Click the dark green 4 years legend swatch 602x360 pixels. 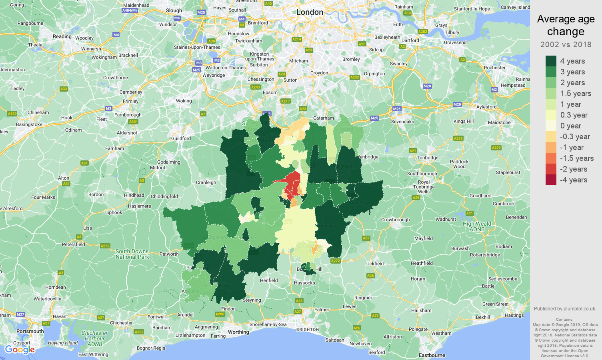click(x=551, y=61)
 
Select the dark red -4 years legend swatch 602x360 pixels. click(x=551, y=180)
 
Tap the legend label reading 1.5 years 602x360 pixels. click(x=576, y=94)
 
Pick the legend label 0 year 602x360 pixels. click(x=570, y=126)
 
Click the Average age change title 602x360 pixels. click(x=566, y=25)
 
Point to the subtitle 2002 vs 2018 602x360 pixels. click(x=566, y=45)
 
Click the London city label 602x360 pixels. click(x=310, y=12)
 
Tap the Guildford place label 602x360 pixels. click(x=181, y=138)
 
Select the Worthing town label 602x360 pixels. click(x=238, y=332)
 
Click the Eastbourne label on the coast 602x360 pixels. click(x=432, y=355)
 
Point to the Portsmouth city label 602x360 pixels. click(x=30, y=331)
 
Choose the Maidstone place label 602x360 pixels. click(x=499, y=122)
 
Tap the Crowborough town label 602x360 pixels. click(x=395, y=220)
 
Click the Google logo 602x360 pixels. click(x=20, y=350)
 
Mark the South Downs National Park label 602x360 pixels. click(x=132, y=254)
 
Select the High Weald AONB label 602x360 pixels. click(x=477, y=226)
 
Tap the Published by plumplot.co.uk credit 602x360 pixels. click(x=565, y=309)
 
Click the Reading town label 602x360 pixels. click(x=62, y=36)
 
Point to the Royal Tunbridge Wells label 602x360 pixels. click(x=424, y=187)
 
